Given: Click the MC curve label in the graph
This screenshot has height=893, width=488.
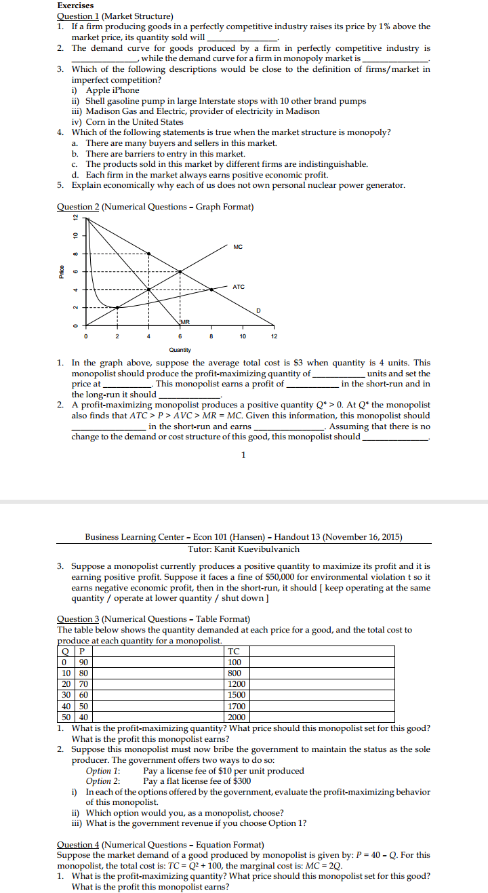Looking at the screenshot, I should pos(237,246).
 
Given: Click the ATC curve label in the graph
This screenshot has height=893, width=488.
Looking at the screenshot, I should pos(239,287).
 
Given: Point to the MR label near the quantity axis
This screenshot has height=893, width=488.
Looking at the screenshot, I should pos(184,321).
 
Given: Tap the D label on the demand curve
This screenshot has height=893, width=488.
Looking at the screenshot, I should pos(258,310).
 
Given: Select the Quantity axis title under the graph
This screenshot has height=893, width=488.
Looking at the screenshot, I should pos(180,350).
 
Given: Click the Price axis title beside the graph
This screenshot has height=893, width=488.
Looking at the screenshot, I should pos(61,272).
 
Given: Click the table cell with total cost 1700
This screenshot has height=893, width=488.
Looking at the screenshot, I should pos(235,706).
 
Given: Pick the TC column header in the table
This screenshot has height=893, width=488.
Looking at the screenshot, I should pos(234,652).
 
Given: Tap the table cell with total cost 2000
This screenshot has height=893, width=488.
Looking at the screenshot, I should pos(236,717).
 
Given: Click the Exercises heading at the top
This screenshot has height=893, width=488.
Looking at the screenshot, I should pos(75,5).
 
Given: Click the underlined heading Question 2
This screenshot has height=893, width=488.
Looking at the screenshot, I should pos(78,207).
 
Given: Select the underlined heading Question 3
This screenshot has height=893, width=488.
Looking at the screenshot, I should pos(78,618).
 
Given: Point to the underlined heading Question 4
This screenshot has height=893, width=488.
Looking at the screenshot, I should pos(78,844).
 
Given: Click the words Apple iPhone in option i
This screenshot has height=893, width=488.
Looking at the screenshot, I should pos(113,90).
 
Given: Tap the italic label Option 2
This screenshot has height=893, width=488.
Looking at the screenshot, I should pos(102,781).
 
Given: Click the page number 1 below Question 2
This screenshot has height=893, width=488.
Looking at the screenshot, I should pos(243,454).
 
